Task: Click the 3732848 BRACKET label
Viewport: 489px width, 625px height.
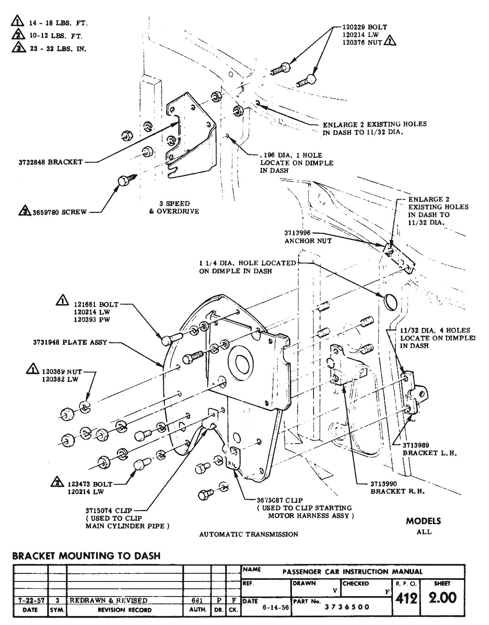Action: point(50,162)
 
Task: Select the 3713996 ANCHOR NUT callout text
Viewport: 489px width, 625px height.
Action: point(308,237)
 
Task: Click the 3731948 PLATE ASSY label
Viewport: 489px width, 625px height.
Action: point(70,342)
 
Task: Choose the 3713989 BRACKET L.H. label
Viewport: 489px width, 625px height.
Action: point(422,449)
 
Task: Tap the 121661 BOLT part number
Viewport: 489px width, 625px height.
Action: point(96,304)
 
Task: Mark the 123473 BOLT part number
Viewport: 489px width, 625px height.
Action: point(90,484)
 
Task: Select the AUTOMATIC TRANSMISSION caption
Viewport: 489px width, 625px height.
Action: point(248,534)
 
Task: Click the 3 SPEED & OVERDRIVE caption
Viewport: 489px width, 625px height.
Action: point(174,207)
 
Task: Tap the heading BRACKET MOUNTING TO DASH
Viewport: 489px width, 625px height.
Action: point(86,555)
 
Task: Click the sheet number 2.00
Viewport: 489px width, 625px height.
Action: point(442,598)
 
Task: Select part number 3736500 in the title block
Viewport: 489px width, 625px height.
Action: point(347,607)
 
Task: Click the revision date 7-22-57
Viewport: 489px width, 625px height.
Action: point(30,600)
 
